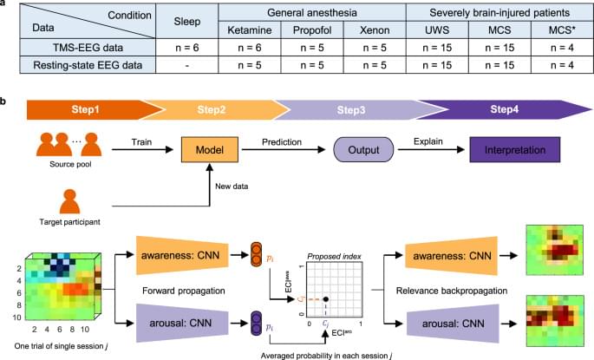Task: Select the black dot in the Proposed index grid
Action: tap(326, 300)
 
